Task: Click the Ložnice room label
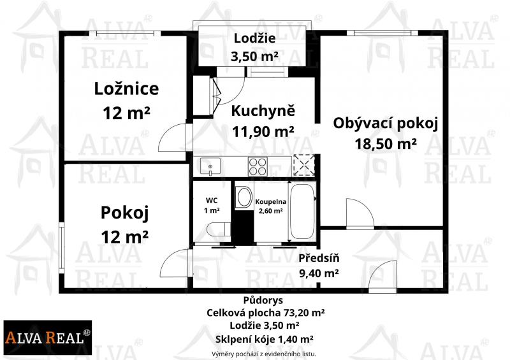126,89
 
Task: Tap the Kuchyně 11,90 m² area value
263,131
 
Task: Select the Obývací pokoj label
386,124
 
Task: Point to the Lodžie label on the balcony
254,38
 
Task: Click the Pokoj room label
124,213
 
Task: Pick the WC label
212,201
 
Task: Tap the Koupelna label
270,201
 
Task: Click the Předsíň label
319,258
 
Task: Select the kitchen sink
210,166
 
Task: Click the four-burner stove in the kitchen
258,166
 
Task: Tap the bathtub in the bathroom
302,212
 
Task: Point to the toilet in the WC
219,229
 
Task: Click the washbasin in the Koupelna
244,198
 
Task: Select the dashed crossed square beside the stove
304,166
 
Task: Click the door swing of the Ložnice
172,137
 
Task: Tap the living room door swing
360,213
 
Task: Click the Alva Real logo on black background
47,337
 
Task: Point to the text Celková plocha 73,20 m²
265,313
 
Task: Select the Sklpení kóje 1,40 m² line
264,339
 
